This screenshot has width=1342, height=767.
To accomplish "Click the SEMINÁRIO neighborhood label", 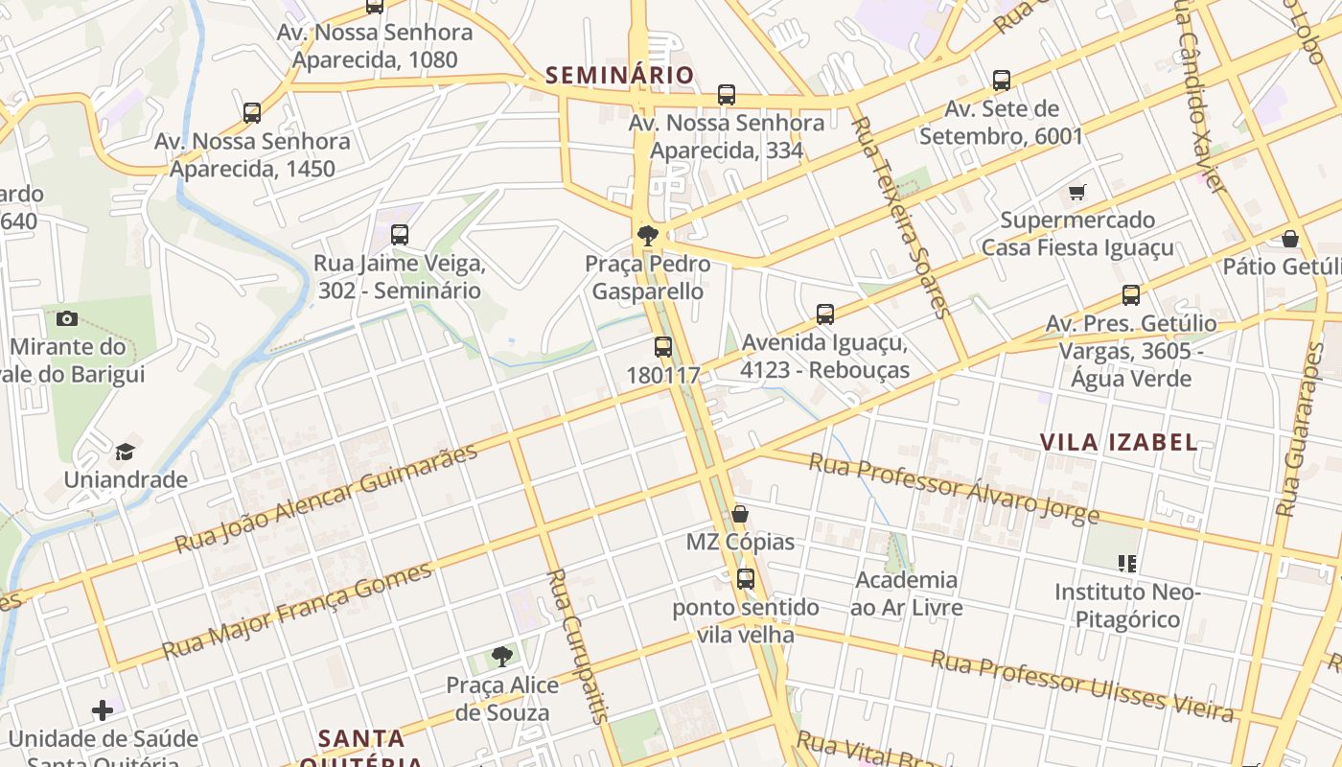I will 619,75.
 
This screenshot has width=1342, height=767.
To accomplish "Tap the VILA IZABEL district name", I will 1119,442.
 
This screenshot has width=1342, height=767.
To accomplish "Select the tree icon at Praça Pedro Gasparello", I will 648,234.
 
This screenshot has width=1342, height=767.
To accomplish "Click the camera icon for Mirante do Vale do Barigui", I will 67,318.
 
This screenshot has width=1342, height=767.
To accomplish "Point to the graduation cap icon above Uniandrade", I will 126,451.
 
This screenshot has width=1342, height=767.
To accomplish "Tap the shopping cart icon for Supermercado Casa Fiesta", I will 1077,192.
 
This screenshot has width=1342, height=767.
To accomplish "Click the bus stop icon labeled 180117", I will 663,347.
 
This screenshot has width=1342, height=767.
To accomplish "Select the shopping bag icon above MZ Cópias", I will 740,514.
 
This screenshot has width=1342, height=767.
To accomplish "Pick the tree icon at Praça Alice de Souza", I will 501,657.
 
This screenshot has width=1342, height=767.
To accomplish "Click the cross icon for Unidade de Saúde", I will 103,710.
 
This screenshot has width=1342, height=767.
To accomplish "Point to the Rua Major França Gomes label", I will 297,612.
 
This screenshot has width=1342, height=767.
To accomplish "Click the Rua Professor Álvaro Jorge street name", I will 954,489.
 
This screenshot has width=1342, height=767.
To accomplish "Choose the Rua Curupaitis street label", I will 578,645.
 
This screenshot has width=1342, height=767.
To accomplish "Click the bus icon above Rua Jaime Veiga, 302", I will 400,234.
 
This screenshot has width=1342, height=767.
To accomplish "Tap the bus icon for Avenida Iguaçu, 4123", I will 825,314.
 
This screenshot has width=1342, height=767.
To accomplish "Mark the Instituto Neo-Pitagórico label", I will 1127,606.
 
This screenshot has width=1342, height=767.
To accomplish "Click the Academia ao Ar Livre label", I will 906,593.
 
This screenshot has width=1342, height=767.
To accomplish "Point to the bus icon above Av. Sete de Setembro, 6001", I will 1002,80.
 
